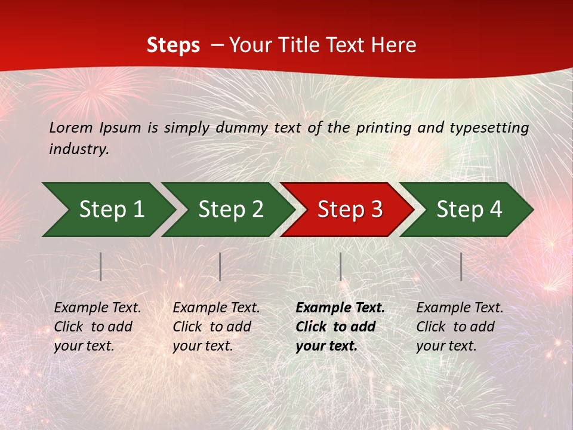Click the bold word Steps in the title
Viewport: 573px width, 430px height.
tap(173, 45)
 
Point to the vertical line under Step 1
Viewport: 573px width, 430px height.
tap(101, 266)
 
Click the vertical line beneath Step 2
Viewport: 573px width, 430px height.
tap(220, 266)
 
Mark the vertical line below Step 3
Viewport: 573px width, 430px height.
tap(341, 266)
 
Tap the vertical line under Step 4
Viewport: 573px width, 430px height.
tap(461, 266)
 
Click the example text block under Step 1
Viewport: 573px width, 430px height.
tap(97, 327)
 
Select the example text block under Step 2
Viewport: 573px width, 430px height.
tap(216, 327)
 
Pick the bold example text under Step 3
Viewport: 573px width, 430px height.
tap(340, 327)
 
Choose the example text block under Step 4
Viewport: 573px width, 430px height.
tap(460, 327)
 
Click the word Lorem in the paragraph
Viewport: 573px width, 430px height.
tap(71, 127)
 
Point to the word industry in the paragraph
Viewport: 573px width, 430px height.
tap(79, 149)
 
